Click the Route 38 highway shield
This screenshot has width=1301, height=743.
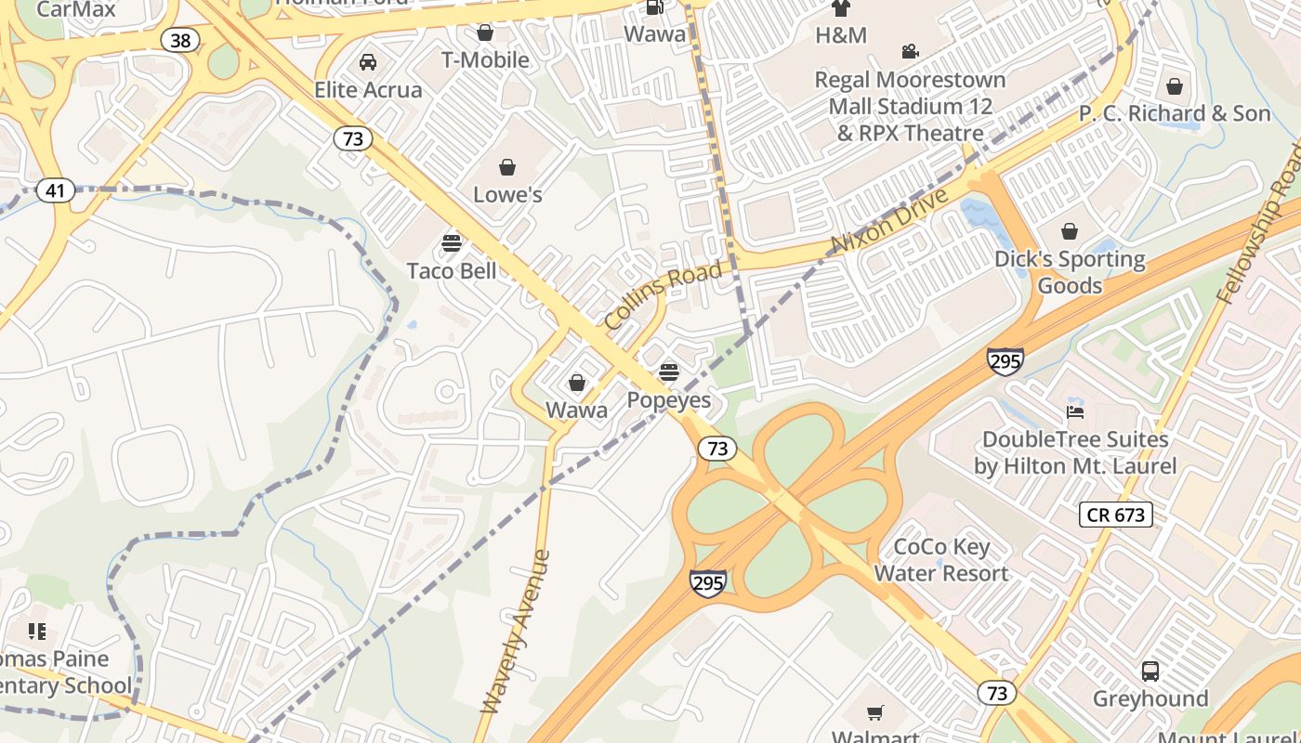pos(179,40)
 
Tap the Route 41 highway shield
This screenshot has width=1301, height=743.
pos(56,191)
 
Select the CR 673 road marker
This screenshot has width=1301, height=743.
pos(1115,515)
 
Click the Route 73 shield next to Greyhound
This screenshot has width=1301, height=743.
pos(996,693)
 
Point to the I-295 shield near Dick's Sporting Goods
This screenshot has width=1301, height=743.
pos(1005,360)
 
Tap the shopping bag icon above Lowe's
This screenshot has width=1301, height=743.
pos(507,167)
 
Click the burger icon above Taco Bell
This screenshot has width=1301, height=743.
pos(452,243)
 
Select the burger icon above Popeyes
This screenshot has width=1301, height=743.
pos(668,372)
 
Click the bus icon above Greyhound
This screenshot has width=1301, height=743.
pos(1150,671)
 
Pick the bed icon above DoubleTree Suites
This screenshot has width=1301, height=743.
pos(1074,411)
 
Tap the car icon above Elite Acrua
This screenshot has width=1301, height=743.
pos(368,62)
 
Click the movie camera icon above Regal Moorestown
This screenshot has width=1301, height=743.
pos(910,52)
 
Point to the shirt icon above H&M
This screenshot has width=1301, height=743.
pos(840,8)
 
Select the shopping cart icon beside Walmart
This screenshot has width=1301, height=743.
pos(874,713)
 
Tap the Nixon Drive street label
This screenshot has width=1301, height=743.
pos(889,221)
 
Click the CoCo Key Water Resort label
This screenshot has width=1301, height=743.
pos(941,560)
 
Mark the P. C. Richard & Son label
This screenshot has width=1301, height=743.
pos(1174,113)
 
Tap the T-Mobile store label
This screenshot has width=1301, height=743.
pos(485,59)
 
